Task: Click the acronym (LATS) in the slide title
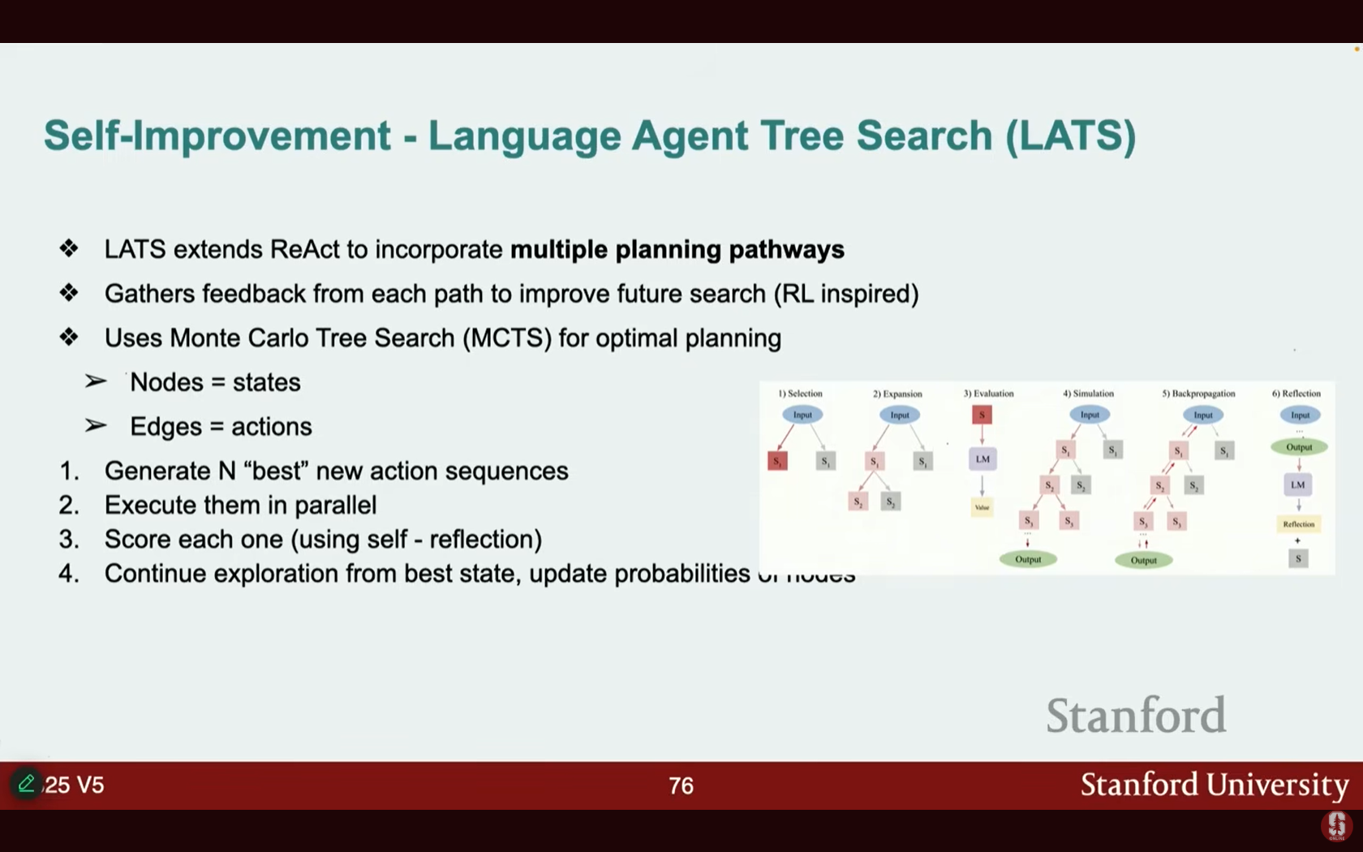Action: [x=1070, y=136]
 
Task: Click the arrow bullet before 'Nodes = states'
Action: [x=96, y=381]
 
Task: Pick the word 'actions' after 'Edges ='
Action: [x=272, y=427]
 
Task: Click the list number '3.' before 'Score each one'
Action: [x=69, y=540]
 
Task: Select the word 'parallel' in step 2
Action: [x=335, y=506]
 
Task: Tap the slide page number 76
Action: [x=681, y=785]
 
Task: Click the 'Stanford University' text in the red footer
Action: [x=1214, y=785]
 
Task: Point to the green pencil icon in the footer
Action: [x=26, y=784]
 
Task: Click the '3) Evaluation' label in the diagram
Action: [x=988, y=394]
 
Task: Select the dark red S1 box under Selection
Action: [x=777, y=462]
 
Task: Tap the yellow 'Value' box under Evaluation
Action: [x=982, y=507]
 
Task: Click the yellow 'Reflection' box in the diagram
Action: [x=1298, y=524]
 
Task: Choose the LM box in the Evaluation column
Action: [x=982, y=459]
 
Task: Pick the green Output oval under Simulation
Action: [x=1028, y=559]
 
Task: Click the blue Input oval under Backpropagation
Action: [x=1202, y=415]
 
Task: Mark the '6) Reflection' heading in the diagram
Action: [x=1296, y=394]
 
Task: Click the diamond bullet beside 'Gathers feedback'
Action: [x=69, y=293]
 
